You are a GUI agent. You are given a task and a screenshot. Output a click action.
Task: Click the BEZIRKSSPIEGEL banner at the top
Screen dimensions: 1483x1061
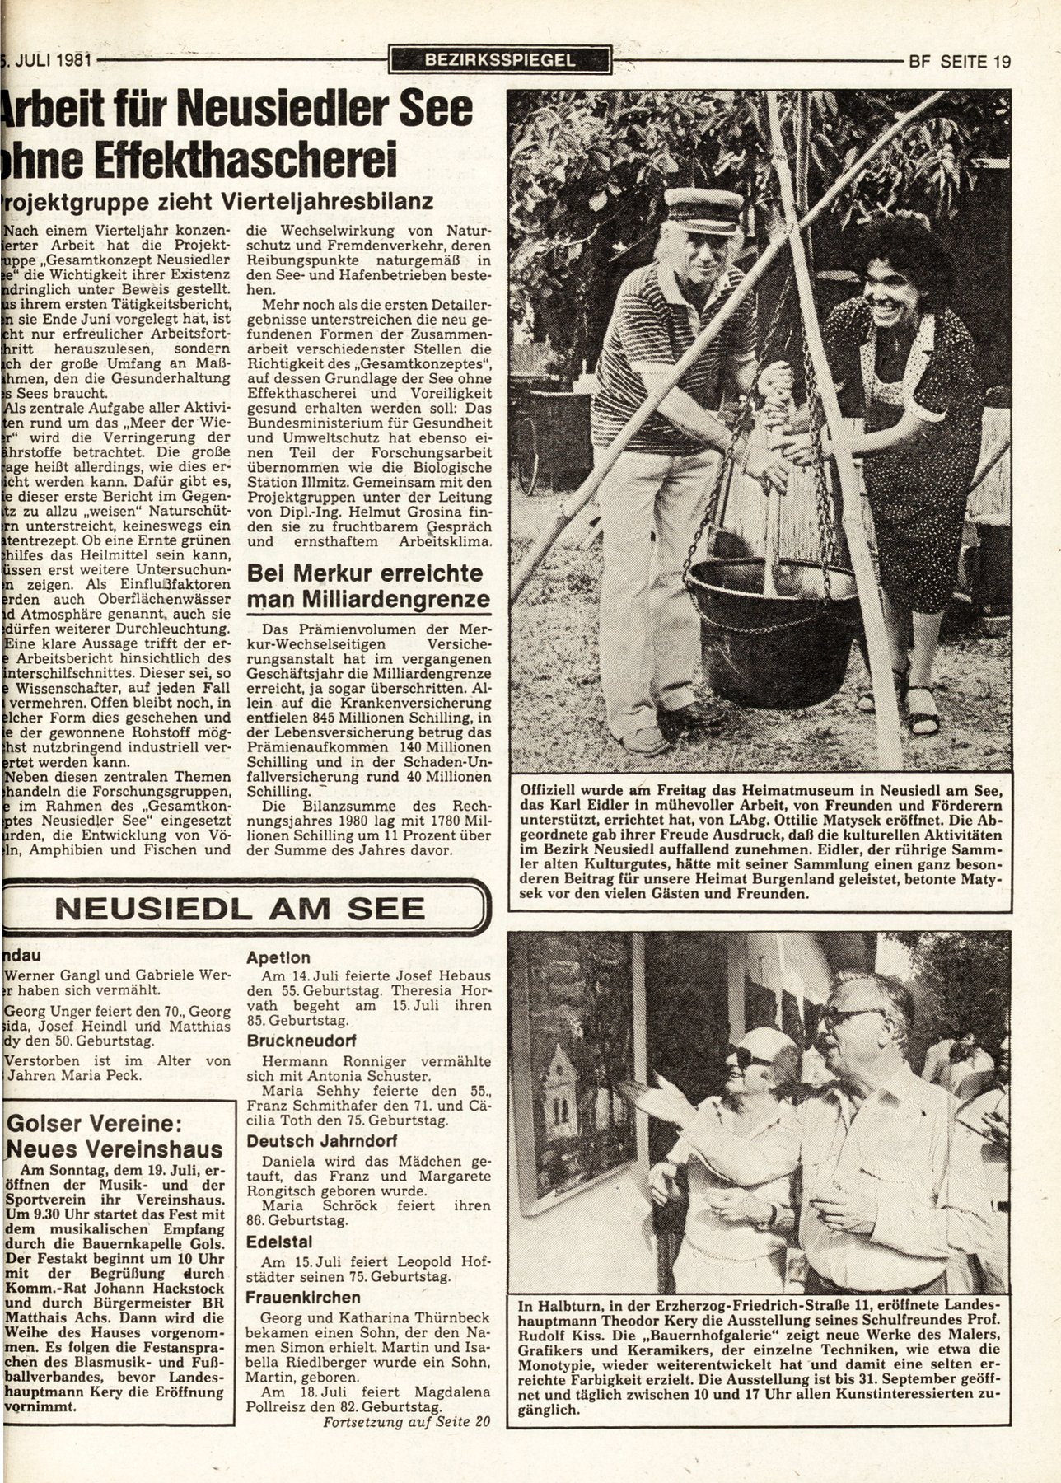coord(501,59)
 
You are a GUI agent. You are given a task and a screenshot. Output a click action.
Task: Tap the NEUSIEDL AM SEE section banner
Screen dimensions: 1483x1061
coord(240,908)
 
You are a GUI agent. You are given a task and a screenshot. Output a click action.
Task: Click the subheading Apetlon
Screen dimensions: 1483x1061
coord(279,957)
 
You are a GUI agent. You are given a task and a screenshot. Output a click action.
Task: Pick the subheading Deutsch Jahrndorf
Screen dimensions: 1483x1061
coord(311,1141)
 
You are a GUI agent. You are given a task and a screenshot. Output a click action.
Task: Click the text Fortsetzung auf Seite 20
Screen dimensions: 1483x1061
coord(405,1421)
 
